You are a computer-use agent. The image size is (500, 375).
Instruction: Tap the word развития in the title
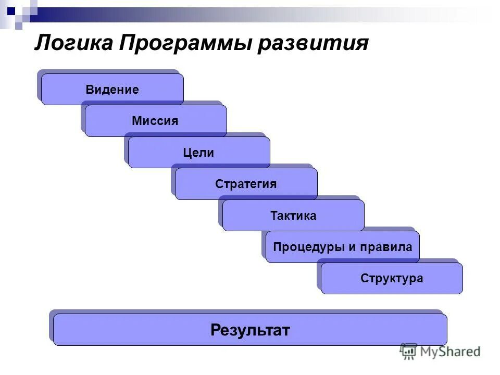point(312,42)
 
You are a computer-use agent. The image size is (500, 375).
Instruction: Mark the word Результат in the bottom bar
point(250,330)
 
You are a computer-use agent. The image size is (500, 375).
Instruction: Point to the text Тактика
point(293,216)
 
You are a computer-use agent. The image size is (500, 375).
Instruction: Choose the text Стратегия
point(246,184)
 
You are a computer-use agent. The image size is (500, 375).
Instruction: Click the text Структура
point(392,279)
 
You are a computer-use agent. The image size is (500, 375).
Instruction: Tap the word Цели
point(198,153)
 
